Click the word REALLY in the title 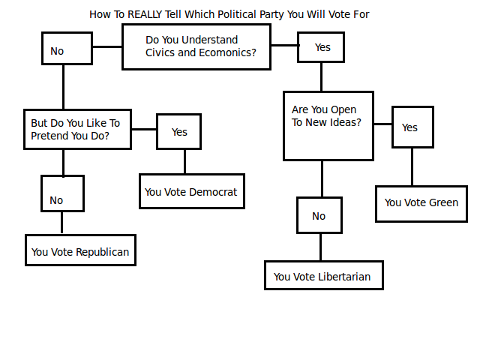pos(146,14)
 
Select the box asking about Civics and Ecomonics pos(196,46)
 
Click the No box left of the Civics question pos(67,49)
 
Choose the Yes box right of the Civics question pos(321,47)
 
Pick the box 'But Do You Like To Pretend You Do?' pos(77,129)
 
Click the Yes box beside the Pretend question pos(178,132)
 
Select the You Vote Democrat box pos(191,191)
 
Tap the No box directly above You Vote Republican pos(62,193)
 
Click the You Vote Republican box pos(80,250)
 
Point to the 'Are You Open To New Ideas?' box pos(328,125)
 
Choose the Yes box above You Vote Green pos(411,127)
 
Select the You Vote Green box pos(421,202)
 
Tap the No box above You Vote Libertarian pos(319,216)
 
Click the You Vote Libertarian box pos(323,275)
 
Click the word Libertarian pos(343,277)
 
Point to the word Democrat pos(213,192)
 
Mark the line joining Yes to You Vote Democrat pos(184,162)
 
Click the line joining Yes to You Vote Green pos(411,166)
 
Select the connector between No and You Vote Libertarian pos(320,247)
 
